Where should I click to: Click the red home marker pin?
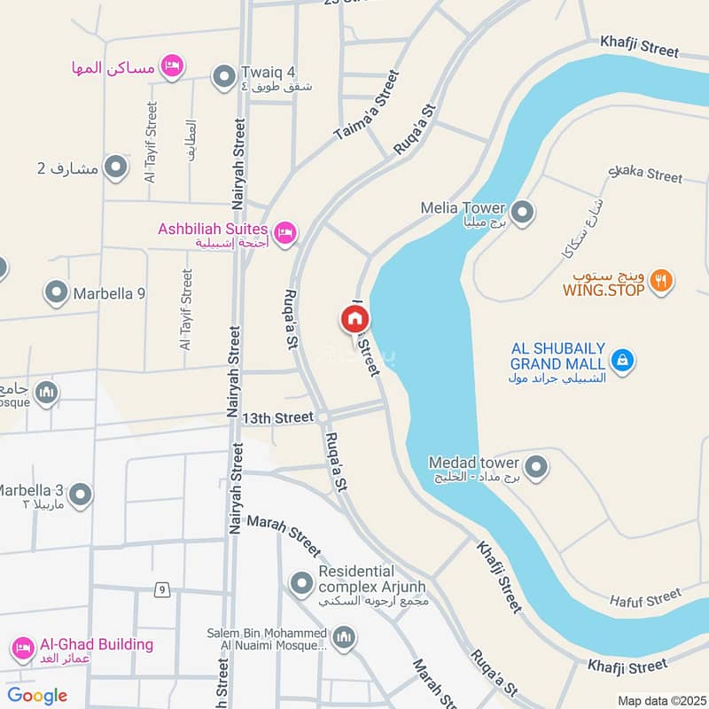click(354, 319)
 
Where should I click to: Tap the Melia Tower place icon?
click(524, 212)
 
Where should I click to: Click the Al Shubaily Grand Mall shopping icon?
click(624, 360)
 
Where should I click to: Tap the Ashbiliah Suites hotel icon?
click(284, 233)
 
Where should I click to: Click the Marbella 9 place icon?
click(56, 292)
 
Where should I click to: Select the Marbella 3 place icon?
click(81, 495)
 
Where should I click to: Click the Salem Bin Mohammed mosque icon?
click(345, 637)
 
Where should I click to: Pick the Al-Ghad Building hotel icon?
click(24, 652)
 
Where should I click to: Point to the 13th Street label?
click(278, 417)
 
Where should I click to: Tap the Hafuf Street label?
click(645, 599)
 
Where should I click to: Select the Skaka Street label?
click(646, 174)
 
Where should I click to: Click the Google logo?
click(36, 696)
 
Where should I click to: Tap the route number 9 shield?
click(161, 588)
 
